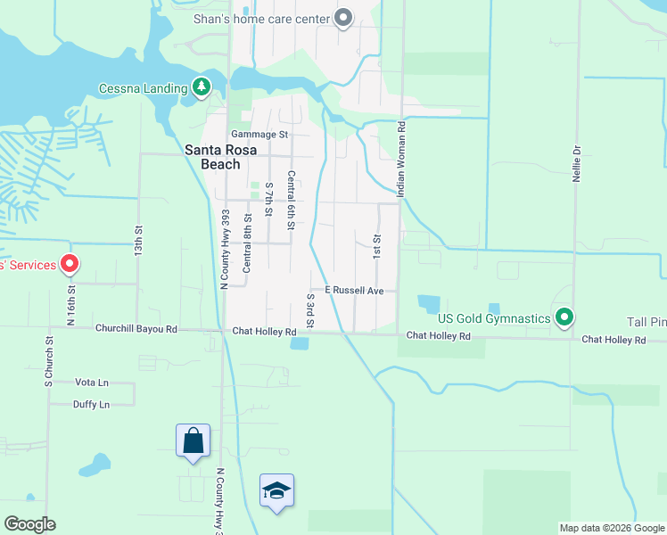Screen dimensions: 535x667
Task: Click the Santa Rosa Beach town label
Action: (212, 157)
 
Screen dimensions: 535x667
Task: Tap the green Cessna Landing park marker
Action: (202, 86)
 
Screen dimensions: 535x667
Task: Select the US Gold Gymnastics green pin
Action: (564, 317)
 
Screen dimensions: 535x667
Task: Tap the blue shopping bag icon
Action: (193, 440)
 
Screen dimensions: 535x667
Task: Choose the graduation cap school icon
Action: (277, 490)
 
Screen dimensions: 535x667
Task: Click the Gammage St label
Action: (260, 135)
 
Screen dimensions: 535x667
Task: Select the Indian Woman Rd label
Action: (402, 158)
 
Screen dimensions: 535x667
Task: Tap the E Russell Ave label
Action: (354, 291)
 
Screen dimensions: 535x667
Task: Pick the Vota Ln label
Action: (92, 383)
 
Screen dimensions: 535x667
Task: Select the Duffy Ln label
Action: (92, 405)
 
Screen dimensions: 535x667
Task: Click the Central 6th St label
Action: (291, 201)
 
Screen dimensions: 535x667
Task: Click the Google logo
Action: (29, 524)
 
